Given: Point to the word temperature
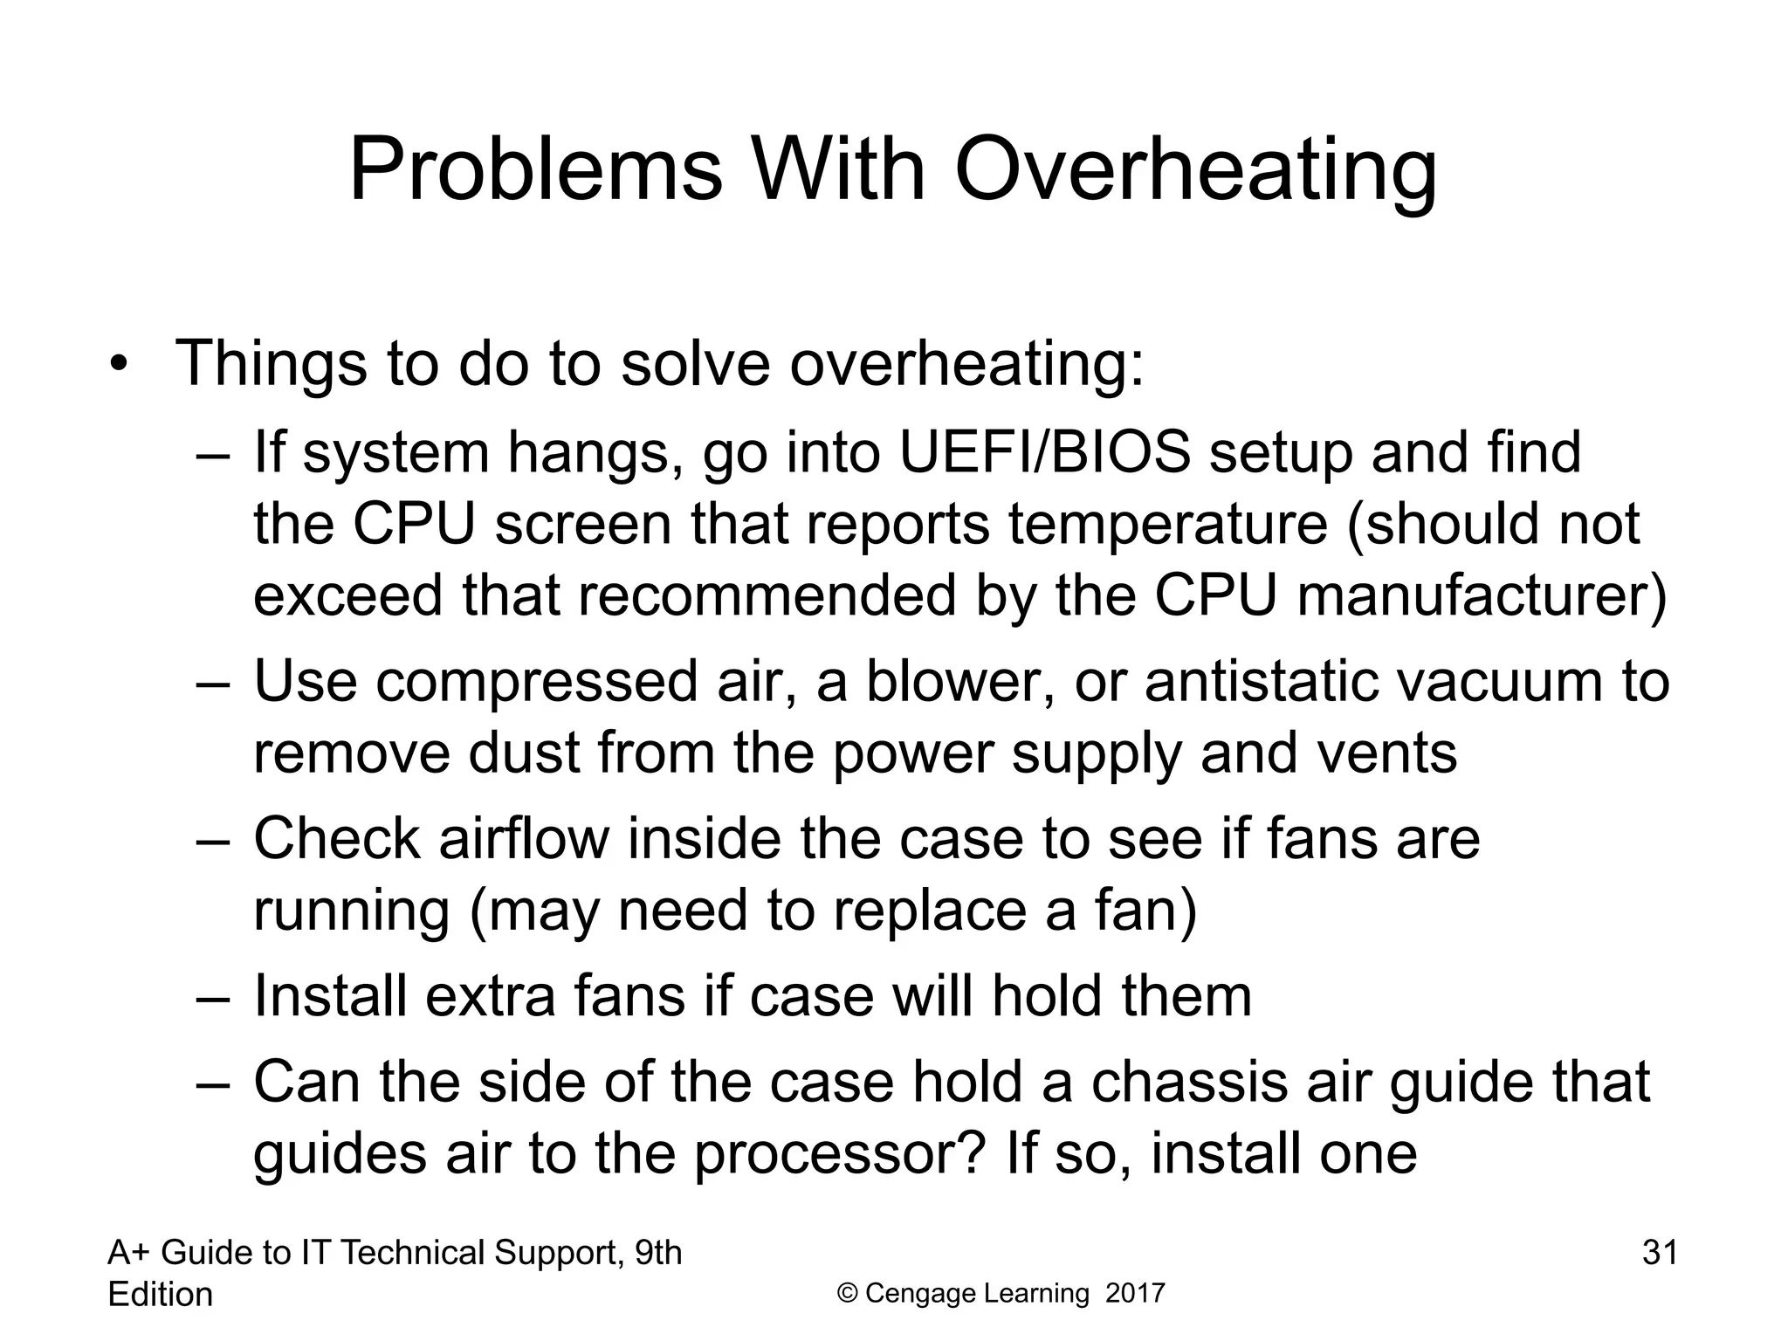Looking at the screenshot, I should click(1167, 525).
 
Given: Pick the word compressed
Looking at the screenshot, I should click(537, 682).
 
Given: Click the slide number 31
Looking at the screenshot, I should click(1660, 1253).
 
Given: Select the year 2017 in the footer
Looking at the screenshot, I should click(1135, 1294).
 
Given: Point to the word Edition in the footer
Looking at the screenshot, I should click(160, 1295).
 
